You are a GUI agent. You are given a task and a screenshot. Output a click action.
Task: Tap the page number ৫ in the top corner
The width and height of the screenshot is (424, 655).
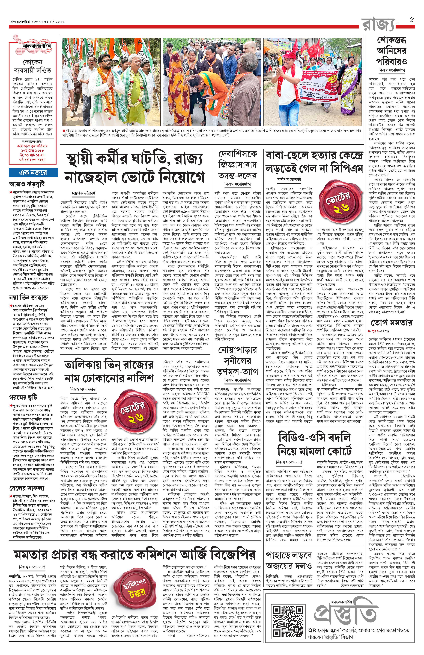[x=412, y=20]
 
